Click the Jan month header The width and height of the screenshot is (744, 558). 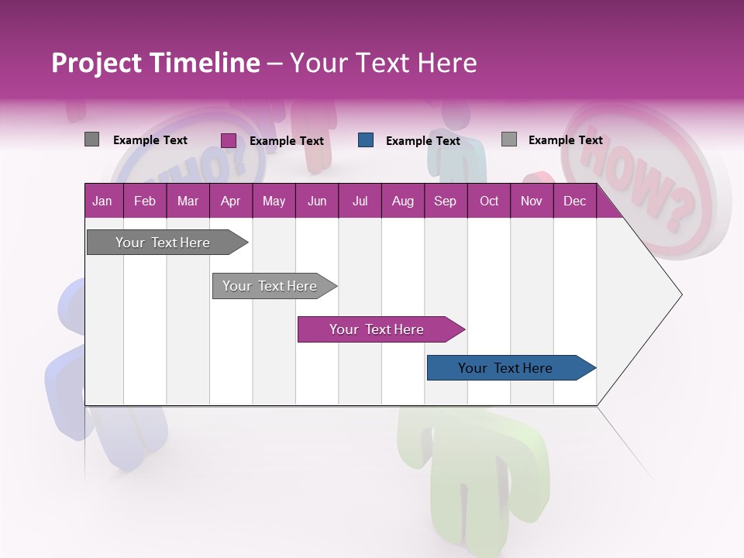(102, 201)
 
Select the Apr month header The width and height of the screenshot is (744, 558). (230, 201)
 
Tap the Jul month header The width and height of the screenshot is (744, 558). (360, 201)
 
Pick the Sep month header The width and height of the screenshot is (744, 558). (445, 201)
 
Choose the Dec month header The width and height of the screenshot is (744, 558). (574, 201)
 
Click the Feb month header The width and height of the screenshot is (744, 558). (145, 201)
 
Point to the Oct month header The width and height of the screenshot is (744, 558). (489, 201)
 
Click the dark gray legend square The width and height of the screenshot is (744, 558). (92, 139)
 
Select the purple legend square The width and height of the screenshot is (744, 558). (229, 140)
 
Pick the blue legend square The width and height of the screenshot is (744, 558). (366, 140)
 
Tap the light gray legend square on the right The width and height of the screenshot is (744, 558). (509, 139)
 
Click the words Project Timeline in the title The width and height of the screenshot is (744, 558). (155, 63)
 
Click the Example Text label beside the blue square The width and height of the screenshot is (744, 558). (423, 141)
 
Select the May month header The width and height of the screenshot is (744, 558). (274, 201)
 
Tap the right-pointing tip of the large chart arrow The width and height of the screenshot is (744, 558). (680, 294)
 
